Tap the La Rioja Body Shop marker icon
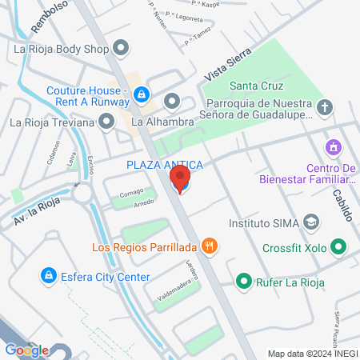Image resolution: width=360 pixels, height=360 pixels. coord(121,49)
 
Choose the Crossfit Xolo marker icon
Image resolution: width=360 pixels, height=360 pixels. coord(338,248)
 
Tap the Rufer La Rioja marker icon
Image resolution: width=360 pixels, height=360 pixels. coord(243,282)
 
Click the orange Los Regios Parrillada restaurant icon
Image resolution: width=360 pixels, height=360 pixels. coord(209,246)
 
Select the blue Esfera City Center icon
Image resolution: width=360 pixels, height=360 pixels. coord(47,277)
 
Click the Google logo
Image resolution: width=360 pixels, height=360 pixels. coord(26,350)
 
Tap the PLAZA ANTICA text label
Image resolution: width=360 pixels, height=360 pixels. coord(164,165)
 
